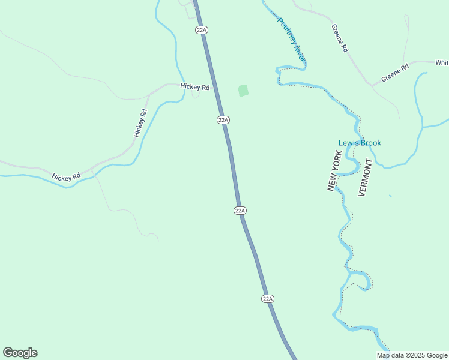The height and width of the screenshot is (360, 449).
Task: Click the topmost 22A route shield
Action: click(202, 29)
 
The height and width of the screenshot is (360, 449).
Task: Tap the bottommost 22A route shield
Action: click(268, 298)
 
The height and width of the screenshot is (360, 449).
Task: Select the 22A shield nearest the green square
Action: click(223, 120)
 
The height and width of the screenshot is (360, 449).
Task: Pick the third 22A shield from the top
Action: click(240, 210)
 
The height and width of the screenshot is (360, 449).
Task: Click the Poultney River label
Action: click(291, 38)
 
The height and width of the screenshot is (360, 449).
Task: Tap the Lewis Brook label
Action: click(360, 143)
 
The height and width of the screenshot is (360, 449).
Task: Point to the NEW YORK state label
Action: click(334, 171)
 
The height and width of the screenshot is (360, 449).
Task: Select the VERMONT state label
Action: click(365, 177)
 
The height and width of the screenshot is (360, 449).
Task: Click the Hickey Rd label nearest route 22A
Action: click(195, 87)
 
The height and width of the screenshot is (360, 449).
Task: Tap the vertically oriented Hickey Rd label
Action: click(140, 123)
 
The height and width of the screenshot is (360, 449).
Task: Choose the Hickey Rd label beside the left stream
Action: click(66, 178)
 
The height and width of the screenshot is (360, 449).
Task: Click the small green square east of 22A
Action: click(243, 91)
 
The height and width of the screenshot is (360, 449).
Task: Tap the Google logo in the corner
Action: click(20, 353)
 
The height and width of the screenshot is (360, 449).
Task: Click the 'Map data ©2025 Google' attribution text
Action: click(412, 355)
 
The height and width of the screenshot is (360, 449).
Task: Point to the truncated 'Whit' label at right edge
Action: click(442, 62)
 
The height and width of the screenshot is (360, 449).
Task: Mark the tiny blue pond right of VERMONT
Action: click(390, 196)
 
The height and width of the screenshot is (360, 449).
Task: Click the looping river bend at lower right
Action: click(361, 279)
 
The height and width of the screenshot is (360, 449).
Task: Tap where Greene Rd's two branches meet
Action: click(372, 86)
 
